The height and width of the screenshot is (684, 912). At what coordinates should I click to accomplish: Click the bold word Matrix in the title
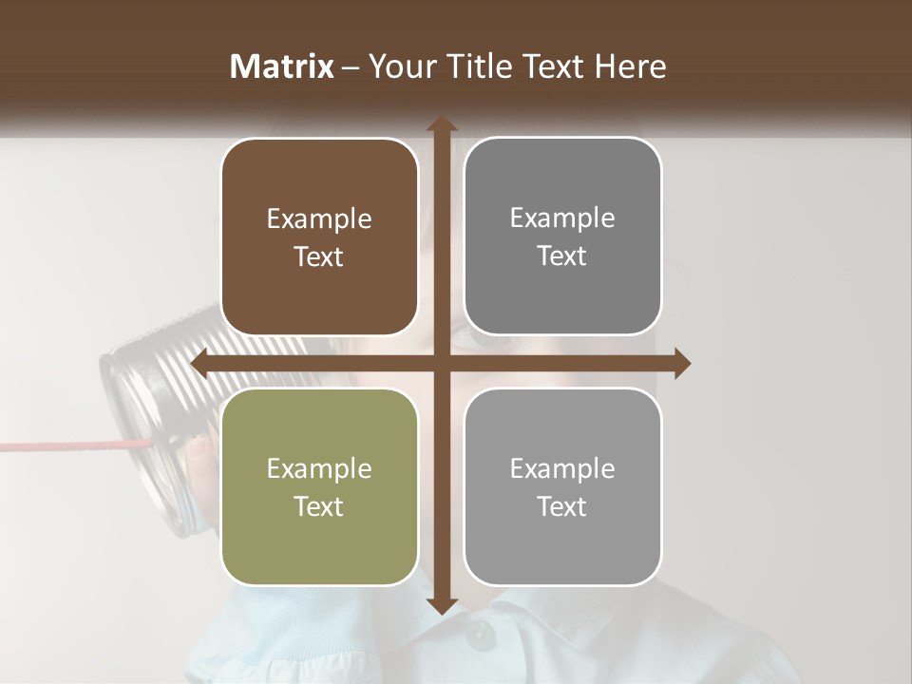pos(282,66)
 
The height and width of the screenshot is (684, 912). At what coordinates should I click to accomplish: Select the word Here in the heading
pos(630,66)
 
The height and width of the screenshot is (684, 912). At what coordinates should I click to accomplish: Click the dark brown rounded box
pos(319,237)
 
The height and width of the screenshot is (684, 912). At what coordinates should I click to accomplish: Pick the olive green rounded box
pos(319,486)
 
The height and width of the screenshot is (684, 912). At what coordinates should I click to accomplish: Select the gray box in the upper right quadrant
pos(562,237)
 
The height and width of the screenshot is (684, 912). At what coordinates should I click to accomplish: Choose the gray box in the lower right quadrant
pos(562,486)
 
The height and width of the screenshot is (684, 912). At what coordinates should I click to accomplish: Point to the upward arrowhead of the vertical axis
pos(442,124)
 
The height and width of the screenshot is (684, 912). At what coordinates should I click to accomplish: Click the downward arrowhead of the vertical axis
pos(442,604)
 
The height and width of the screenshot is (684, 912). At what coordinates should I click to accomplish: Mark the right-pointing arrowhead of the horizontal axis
pos(682,364)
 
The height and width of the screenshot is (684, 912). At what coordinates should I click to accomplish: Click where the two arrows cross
pos(442,364)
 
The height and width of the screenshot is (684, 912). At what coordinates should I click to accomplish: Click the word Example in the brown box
pos(319,219)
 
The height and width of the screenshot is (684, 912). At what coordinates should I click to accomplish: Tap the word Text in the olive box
pos(319,506)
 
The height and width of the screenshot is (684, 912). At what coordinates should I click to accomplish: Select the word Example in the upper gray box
pos(562,218)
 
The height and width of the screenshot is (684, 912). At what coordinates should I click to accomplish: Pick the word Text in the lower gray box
pos(562,506)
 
